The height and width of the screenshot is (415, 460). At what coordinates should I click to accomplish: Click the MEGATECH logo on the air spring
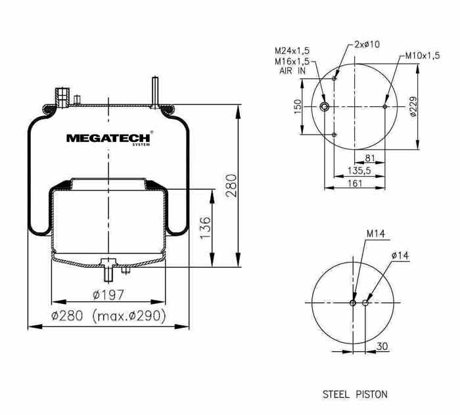pyautogui.click(x=108, y=139)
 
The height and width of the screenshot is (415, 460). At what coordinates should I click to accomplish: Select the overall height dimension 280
pyautogui.click(x=231, y=186)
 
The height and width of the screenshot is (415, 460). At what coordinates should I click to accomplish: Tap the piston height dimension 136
pyautogui.click(x=205, y=228)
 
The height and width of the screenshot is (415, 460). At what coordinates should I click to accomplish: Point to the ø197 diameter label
pyautogui.click(x=108, y=295)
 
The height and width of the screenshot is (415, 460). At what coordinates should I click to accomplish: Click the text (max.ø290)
pyautogui.click(x=129, y=316)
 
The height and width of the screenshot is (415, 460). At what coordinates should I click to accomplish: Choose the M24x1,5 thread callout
pyautogui.click(x=292, y=51)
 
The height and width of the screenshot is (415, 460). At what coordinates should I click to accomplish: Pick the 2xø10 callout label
pyautogui.click(x=367, y=44)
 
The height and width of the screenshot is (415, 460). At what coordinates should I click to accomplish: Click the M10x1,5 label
pyautogui.click(x=423, y=55)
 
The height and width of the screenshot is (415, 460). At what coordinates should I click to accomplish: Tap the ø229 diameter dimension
pyautogui.click(x=413, y=106)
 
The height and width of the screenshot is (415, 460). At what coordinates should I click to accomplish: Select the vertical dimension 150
pyautogui.click(x=298, y=106)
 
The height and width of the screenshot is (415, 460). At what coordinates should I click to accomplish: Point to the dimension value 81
pyautogui.click(x=369, y=158)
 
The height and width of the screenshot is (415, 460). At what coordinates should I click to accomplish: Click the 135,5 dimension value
pyautogui.click(x=359, y=170)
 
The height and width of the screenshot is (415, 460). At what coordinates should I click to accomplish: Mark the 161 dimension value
pyautogui.click(x=355, y=183)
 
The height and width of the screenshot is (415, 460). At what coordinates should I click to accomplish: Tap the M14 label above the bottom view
pyautogui.click(x=375, y=234)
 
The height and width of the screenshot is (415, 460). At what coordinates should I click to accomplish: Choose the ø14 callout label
pyautogui.click(x=400, y=255)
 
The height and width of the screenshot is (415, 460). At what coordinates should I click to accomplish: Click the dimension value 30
pyautogui.click(x=382, y=347)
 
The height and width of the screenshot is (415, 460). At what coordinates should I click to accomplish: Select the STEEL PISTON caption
pyautogui.click(x=355, y=395)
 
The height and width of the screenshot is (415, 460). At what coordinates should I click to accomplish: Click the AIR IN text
pyautogui.click(x=292, y=71)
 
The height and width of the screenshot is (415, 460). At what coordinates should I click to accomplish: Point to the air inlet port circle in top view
pyautogui.click(x=324, y=106)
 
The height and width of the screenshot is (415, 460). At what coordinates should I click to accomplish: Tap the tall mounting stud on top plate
pyautogui.click(x=155, y=91)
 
